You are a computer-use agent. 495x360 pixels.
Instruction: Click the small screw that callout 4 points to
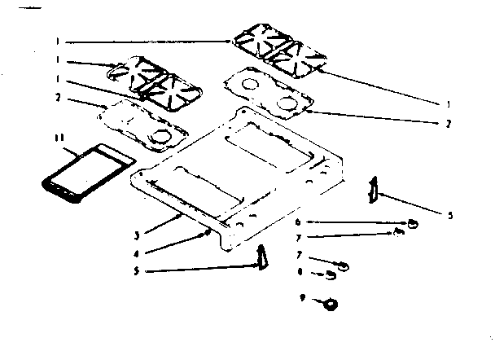click(x=208, y=232)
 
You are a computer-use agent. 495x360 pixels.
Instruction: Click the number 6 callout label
click(x=299, y=221)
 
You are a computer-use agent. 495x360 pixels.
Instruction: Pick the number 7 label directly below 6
click(x=299, y=236)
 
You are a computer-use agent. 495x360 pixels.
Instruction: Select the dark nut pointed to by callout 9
click(x=331, y=304)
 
